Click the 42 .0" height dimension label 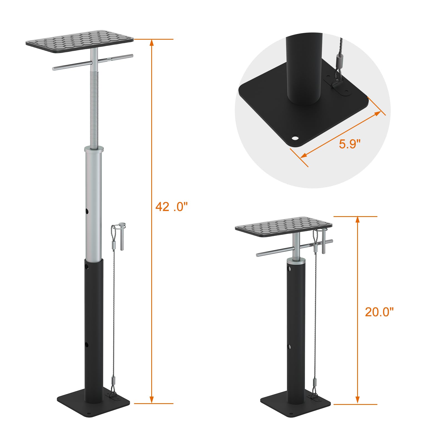coord(171,207)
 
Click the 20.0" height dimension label coord(379,312)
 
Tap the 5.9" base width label coord(349,144)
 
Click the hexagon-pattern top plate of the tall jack coord(80,42)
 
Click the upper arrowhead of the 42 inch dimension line coord(152,42)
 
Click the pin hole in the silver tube coord(87,211)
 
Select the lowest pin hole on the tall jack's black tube coord(87,345)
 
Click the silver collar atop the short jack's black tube coord(296,261)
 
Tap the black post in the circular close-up coord(304,69)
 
